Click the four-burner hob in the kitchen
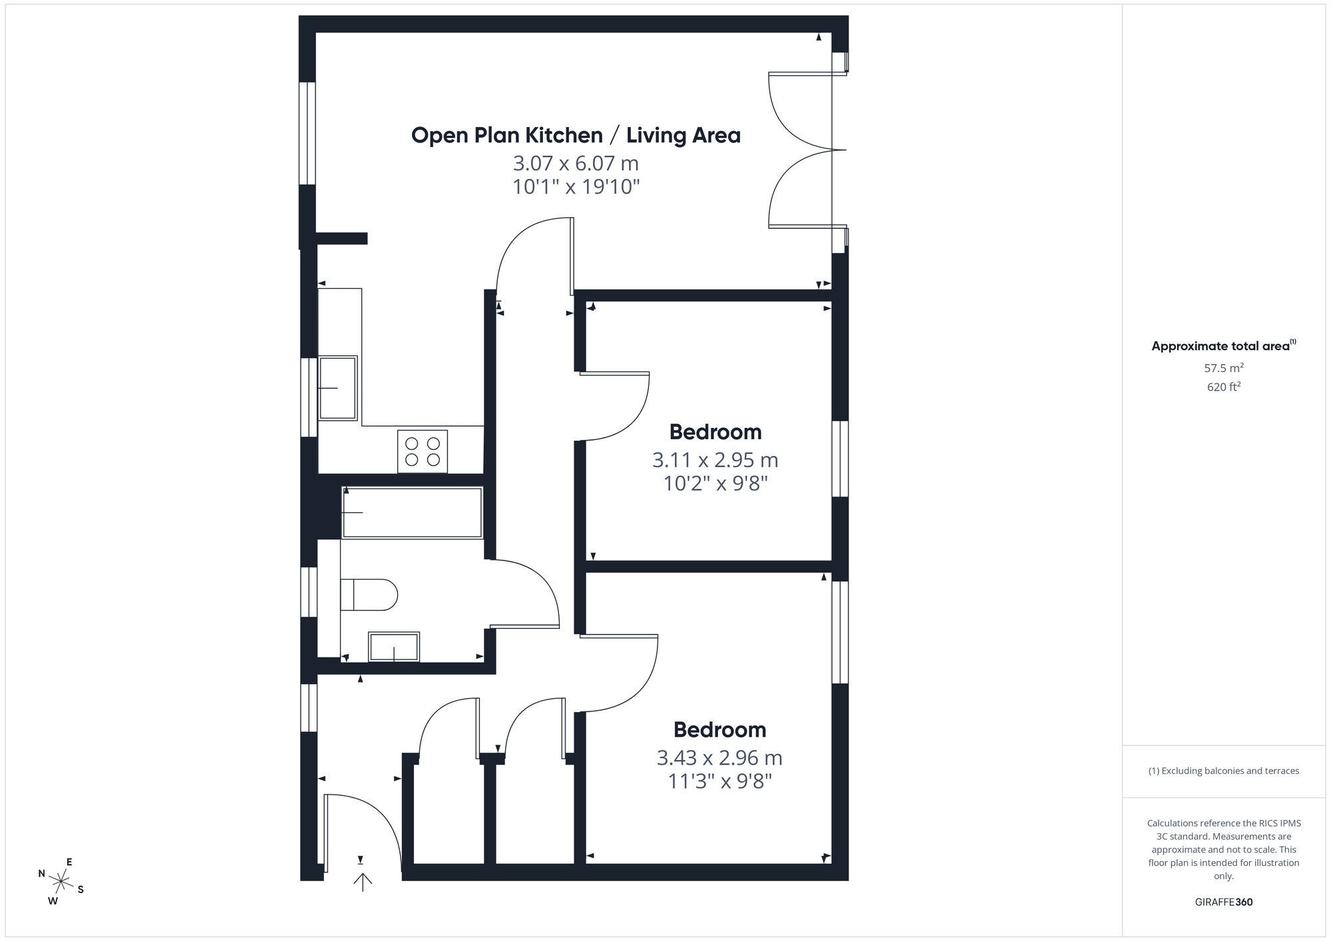[x=423, y=451]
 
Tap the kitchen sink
[x=338, y=388]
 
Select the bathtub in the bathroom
[x=412, y=512]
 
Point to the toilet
[x=368, y=594]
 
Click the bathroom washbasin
[x=394, y=647]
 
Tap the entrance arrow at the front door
[x=363, y=882]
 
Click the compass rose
[x=61, y=882]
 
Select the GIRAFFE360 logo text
[x=1224, y=902]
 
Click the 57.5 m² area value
[x=1224, y=367]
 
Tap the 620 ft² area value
[x=1224, y=387]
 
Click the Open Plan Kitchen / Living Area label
[x=576, y=135]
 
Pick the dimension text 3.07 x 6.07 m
[x=576, y=163]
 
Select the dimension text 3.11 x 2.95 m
[x=715, y=460]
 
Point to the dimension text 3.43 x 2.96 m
[x=719, y=757]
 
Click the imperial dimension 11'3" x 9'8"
[x=719, y=781]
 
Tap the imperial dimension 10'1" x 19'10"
[x=576, y=187]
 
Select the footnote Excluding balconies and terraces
[x=1224, y=771]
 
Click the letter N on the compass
[x=41, y=874]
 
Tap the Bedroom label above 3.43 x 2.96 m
[x=719, y=729]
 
